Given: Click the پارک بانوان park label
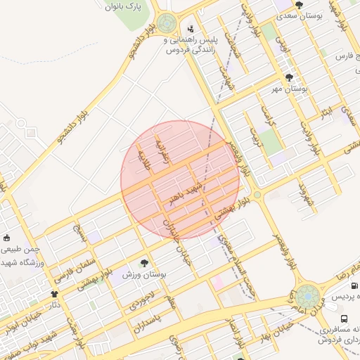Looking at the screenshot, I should (125, 8).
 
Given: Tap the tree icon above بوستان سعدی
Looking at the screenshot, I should (299, 5).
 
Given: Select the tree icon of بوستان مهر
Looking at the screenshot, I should (289, 78).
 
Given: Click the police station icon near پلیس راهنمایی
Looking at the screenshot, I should (191, 30).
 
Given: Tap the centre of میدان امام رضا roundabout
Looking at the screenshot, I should (307, 295).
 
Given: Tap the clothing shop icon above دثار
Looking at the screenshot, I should (55, 294).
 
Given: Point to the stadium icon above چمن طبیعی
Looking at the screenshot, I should (7, 238).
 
